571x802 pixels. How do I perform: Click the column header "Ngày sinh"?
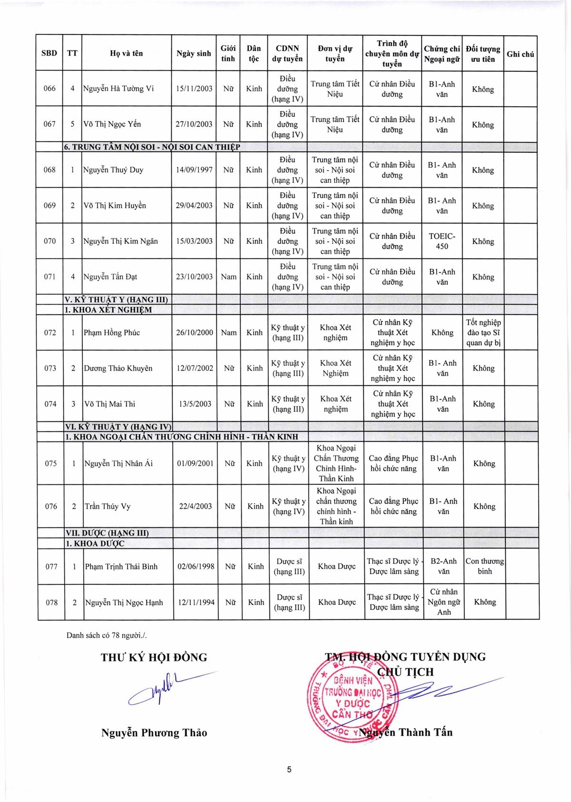(194, 53)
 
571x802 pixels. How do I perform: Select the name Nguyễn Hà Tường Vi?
(118, 89)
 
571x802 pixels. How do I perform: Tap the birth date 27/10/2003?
(194, 124)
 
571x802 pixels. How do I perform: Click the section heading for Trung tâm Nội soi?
(152, 147)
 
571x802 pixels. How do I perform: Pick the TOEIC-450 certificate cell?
(442, 241)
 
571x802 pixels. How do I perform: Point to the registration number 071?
(50, 277)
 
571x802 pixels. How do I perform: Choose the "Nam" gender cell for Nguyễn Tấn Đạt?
(229, 277)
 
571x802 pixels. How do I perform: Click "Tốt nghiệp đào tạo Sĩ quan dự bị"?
(483, 332)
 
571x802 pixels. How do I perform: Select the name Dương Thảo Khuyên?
(118, 368)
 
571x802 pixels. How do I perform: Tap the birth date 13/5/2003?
(195, 404)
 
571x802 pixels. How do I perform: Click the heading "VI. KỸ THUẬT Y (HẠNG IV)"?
(118, 427)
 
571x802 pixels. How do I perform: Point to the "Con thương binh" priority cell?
(484, 566)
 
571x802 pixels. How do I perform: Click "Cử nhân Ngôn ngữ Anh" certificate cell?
(443, 602)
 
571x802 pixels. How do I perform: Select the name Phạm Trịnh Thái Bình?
(121, 567)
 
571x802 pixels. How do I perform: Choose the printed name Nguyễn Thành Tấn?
(406, 732)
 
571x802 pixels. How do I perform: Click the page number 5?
(289, 769)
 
